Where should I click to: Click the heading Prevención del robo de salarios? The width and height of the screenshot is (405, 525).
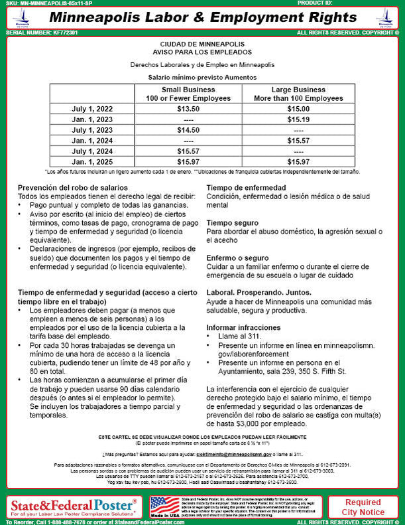(x=73, y=188)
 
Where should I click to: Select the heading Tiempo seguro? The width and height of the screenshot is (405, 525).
(x=233, y=223)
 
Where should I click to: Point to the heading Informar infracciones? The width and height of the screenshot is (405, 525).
(x=244, y=327)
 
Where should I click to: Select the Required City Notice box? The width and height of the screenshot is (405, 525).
(x=363, y=507)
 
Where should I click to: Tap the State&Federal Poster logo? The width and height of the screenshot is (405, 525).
(x=73, y=507)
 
